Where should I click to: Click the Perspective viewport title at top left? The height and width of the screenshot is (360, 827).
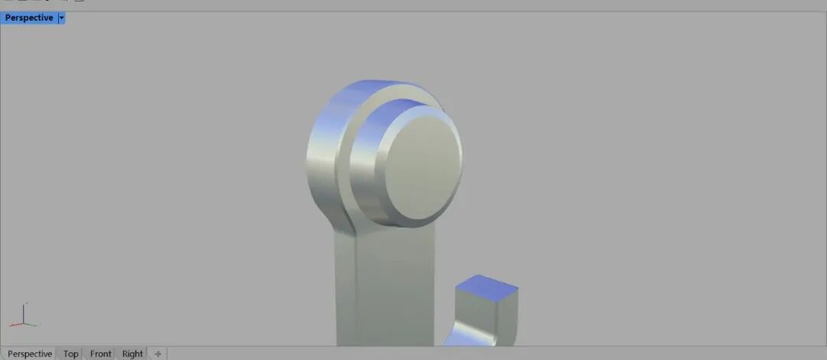[29, 18]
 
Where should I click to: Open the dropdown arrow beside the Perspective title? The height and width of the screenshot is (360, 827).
[62, 18]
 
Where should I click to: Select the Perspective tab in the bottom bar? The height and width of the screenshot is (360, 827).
[30, 354]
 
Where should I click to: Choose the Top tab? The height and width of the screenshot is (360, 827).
[70, 354]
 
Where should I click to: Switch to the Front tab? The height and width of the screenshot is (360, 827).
[100, 354]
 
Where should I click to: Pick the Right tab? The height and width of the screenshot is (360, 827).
[132, 354]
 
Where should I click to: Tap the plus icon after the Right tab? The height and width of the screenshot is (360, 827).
[158, 354]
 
